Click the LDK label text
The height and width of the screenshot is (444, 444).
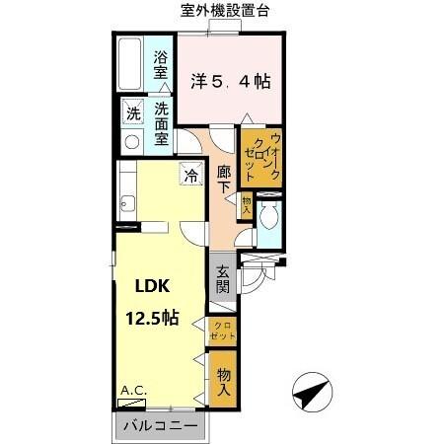[x=152, y=287]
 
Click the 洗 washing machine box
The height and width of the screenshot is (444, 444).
[x=131, y=112]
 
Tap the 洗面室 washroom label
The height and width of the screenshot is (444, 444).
[x=161, y=120]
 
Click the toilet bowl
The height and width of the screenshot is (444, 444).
[x=268, y=216]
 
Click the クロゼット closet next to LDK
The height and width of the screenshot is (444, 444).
[x=222, y=331]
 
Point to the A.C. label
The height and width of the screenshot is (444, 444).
[x=132, y=392]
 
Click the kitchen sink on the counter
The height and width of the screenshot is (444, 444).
[x=126, y=205]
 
